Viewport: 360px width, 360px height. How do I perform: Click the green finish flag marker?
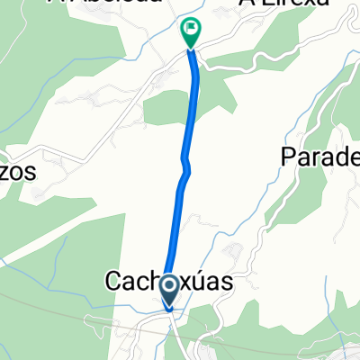coord(191,33)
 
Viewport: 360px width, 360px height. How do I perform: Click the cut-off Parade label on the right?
coord(319,157)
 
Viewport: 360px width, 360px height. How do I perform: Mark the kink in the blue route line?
coord(184,166)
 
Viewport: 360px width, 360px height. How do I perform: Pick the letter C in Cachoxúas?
coord(116,282)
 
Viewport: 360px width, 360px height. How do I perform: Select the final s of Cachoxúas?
coord(226,283)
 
